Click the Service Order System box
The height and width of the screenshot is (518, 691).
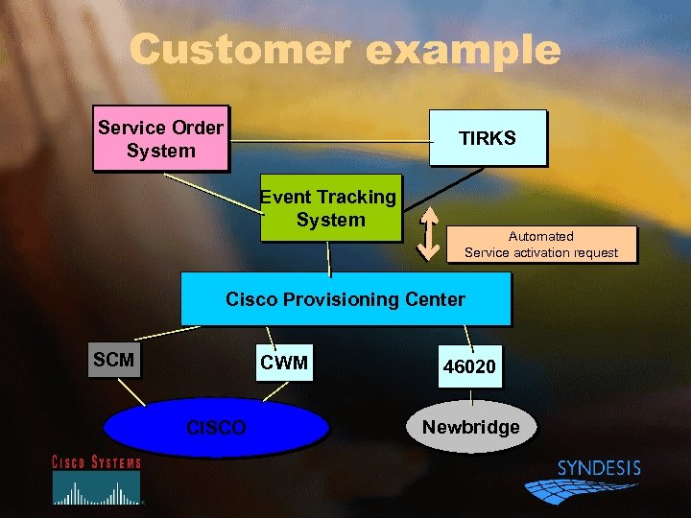click(160, 139)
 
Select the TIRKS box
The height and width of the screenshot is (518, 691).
click(488, 138)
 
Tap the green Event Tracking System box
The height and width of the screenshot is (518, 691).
click(329, 209)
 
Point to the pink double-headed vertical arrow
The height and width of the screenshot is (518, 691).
click(429, 234)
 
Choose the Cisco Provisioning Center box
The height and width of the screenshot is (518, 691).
click(345, 299)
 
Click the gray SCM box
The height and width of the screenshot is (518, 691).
click(114, 361)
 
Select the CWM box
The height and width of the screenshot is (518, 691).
click(284, 363)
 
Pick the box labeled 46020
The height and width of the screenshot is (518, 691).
click(469, 367)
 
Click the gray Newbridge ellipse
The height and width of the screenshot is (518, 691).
click(471, 427)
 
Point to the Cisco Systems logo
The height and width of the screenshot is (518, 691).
click(96, 480)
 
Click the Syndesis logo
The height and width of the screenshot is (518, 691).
click(585, 481)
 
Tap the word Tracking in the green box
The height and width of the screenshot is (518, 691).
click(353, 198)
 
